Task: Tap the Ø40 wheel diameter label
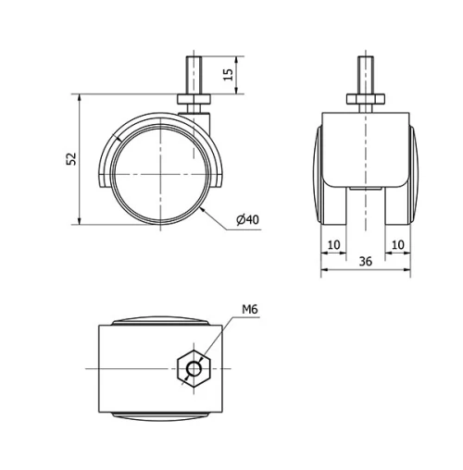247,219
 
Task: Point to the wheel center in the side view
161,173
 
